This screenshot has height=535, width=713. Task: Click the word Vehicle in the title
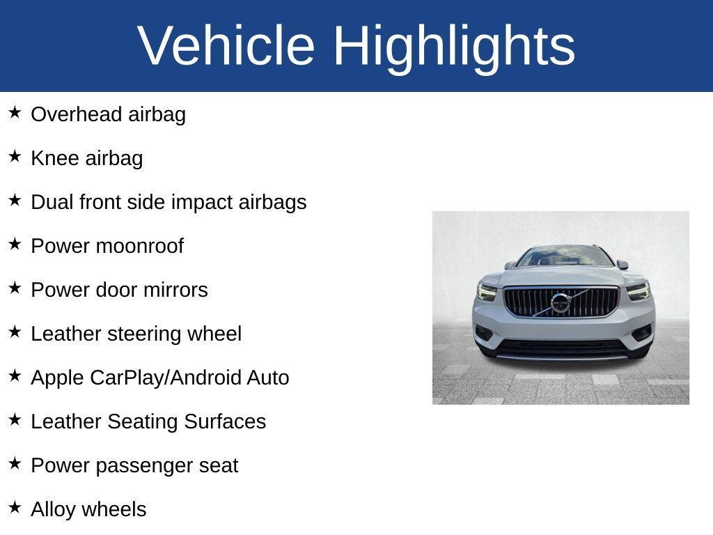226,46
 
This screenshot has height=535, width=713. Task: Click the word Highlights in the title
454,46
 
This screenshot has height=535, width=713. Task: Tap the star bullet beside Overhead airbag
15,112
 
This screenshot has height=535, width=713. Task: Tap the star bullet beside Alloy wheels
15,507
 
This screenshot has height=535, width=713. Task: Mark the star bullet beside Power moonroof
15,244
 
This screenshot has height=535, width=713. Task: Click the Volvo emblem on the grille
560,302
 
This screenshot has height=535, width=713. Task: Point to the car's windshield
564,257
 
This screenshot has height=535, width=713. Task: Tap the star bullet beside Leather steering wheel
15,332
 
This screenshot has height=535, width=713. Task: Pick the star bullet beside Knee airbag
15,156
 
